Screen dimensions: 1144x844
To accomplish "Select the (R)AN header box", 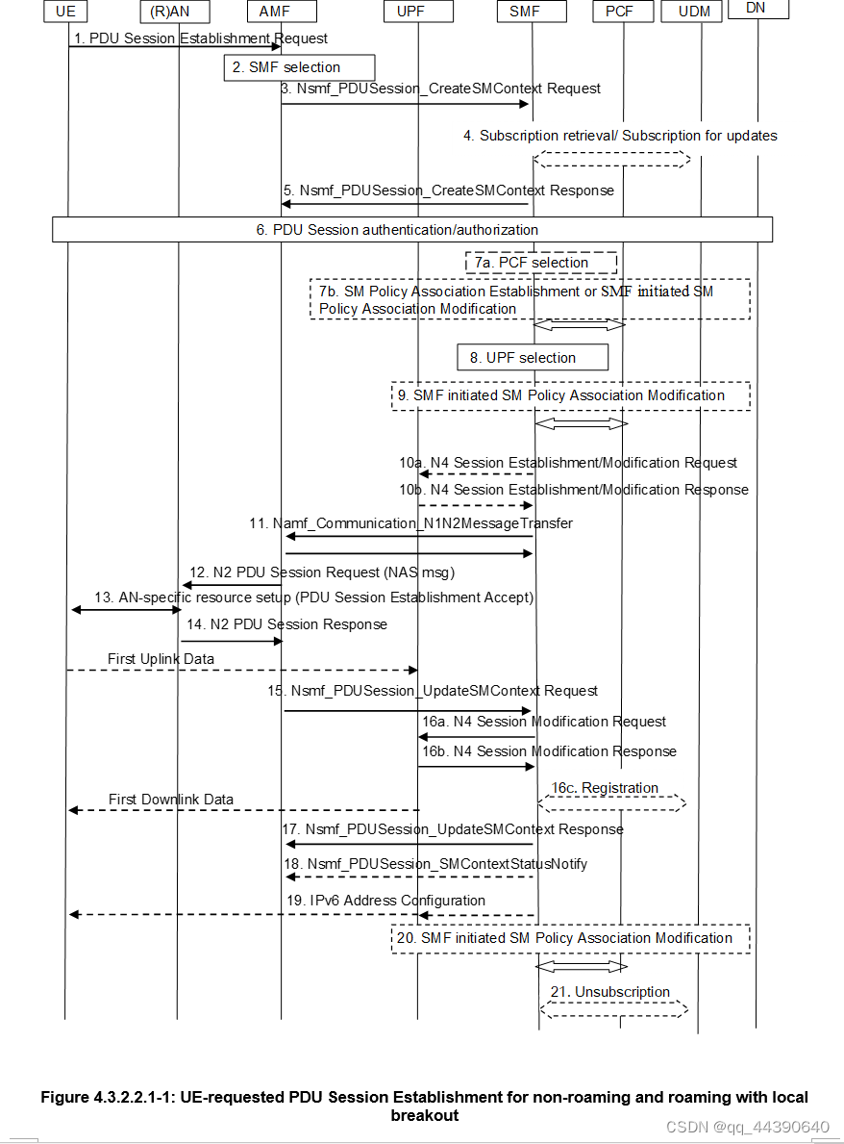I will [178, 12].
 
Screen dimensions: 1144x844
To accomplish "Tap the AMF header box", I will [281, 12].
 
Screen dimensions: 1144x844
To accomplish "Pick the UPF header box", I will [416, 12].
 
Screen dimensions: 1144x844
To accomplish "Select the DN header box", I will [757, 10].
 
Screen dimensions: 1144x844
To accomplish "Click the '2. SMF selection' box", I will [299, 67].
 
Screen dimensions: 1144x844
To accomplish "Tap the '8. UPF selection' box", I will [533, 358].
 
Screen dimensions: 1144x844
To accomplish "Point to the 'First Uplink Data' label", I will [161, 658].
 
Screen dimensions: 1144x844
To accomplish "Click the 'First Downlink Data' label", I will [171, 800].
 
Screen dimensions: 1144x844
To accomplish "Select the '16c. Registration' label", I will [611, 788].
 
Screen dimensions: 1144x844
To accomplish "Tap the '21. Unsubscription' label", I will [610, 991].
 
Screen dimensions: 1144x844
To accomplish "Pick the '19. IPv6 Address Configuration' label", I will [385, 901].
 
